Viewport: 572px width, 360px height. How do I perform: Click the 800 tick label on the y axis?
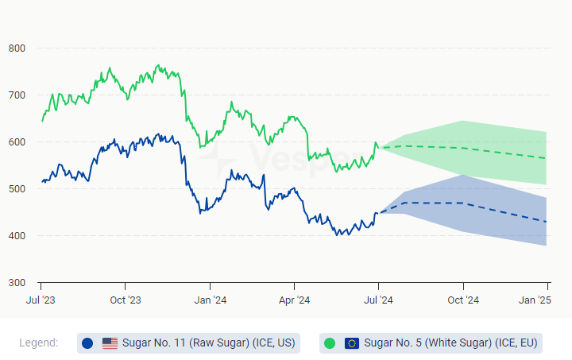pyautogui.click(x=17, y=48)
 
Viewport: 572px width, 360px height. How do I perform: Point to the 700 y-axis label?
pyautogui.click(x=17, y=95)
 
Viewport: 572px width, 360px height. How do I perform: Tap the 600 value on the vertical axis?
pyautogui.click(x=17, y=142)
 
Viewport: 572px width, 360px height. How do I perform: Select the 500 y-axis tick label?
pyautogui.click(x=17, y=189)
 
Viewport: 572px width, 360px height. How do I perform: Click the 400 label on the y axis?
pyautogui.click(x=17, y=236)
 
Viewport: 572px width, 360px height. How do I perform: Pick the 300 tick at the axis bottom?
pyautogui.click(x=17, y=283)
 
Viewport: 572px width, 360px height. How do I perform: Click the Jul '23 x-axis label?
pyautogui.click(x=41, y=300)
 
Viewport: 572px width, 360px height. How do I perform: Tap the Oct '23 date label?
pyautogui.click(x=125, y=300)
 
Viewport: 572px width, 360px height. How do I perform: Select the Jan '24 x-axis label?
pyautogui.click(x=210, y=300)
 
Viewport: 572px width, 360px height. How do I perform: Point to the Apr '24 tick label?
pyautogui.click(x=294, y=300)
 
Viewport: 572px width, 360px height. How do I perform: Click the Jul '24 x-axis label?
pyautogui.click(x=378, y=300)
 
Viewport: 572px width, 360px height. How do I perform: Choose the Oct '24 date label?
pyautogui.click(x=463, y=300)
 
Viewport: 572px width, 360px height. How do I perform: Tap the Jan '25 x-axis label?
pyautogui.click(x=535, y=300)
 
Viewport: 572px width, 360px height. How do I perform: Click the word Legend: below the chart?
pyautogui.click(x=39, y=343)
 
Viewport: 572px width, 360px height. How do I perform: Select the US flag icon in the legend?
pyautogui.click(x=110, y=343)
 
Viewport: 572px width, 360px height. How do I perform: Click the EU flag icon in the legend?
pyautogui.click(x=352, y=343)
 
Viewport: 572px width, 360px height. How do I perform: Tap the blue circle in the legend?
pyautogui.click(x=87, y=343)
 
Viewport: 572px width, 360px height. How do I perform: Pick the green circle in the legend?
pyautogui.click(x=330, y=343)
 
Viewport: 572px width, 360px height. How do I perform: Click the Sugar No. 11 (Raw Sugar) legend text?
pyautogui.click(x=208, y=343)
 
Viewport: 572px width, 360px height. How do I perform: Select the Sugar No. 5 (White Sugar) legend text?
pyautogui.click(x=451, y=343)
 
